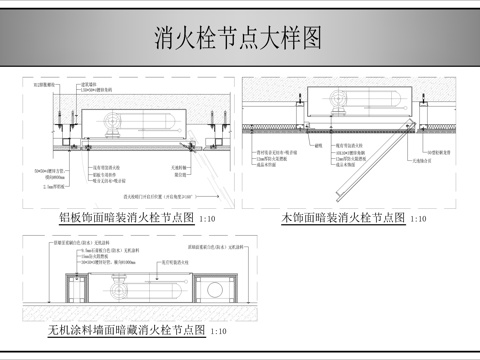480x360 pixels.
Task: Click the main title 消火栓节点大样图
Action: click(238, 39)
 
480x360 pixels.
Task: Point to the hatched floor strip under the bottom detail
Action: click(150, 306)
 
